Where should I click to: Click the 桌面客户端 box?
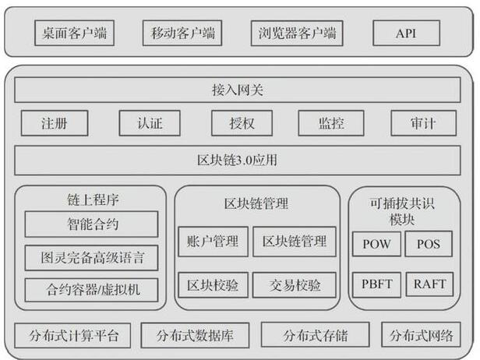(74, 33)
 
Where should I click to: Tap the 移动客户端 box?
(182, 33)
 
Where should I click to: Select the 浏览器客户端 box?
(297, 33)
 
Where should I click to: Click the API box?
(406, 33)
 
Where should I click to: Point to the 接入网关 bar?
(238, 90)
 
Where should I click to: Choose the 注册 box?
(55, 123)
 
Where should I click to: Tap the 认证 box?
(150, 123)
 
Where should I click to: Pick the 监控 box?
(331, 123)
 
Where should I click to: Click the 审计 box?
(424, 123)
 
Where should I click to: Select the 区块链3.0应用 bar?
(238, 161)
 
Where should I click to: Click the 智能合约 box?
(91, 224)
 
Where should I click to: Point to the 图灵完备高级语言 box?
(91, 258)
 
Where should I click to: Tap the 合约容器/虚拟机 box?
(91, 290)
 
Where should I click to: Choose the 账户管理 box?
(213, 242)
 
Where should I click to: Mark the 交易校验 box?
(295, 285)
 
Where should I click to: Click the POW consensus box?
(376, 244)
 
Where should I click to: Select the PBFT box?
(376, 284)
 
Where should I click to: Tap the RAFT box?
(429, 284)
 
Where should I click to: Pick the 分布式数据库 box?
(195, 335)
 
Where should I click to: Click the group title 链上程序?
(93, 200)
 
